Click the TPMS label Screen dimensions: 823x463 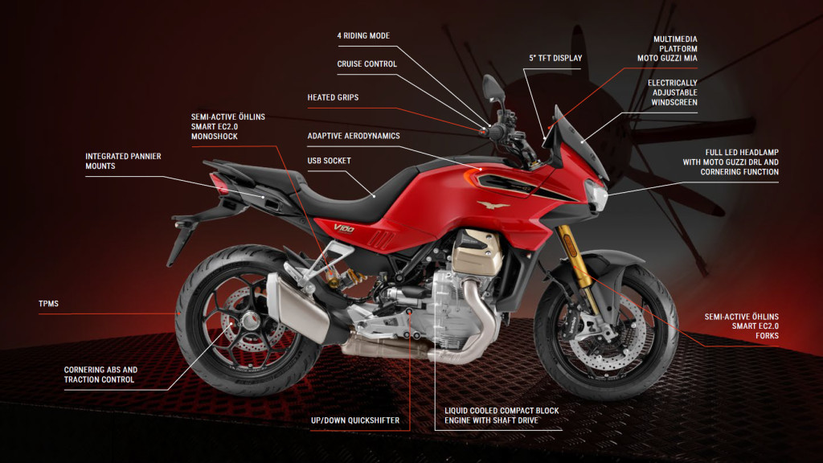[48, 304]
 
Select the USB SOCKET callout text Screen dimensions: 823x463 [329, 161]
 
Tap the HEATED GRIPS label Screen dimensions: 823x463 [333, 97]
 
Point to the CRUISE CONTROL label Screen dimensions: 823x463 [366, 64]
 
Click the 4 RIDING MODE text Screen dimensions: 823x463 [363, 35]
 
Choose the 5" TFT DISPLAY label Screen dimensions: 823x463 [555, 58]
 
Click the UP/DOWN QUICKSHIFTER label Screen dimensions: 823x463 [355, 420]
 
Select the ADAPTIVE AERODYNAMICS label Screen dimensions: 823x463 [354, 136]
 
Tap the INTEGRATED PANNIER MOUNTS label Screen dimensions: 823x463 [123, 161]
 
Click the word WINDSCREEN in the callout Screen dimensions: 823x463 [674, 102]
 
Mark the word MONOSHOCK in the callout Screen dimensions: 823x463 [214, 137]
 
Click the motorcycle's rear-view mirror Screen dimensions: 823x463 [493, 88]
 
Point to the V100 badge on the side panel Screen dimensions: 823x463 [344, 228]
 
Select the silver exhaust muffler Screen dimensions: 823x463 [297, 307]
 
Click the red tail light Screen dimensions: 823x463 [219, 183]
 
